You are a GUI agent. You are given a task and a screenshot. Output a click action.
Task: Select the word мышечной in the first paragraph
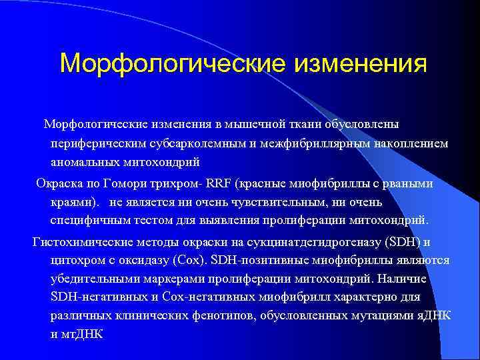(x=251, y=125)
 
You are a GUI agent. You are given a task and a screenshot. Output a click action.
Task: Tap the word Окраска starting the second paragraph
(x=58, y=183)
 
